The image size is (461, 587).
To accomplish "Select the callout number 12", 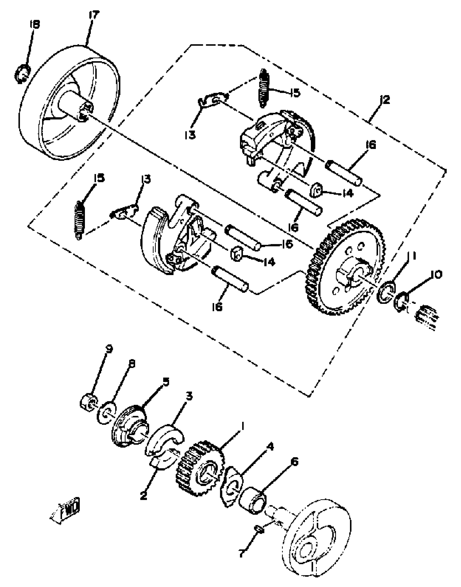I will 385,100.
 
